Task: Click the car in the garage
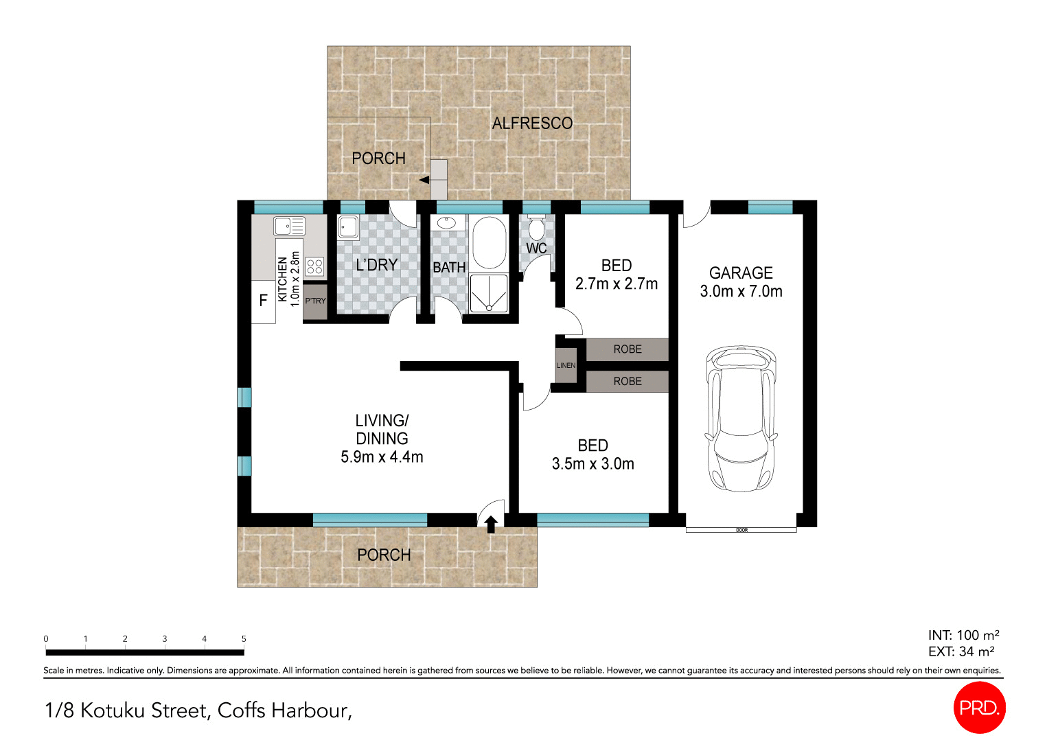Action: (x=741, y=419)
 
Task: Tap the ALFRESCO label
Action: (x=532, y=124)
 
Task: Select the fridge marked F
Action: (x=263, y=301)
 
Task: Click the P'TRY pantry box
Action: (x=315, y=301)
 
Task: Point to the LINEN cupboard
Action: (x=566, y=365)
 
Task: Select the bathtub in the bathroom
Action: (x=489, y=243)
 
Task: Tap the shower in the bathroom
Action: (x=489, y=294)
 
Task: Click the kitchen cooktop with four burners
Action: (x=314, y=266)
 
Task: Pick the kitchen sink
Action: (x=289, y=225)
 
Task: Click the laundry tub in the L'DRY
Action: (x=347, y=227)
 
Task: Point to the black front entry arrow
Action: (x=491, y=524)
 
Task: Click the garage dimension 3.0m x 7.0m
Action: (x=741, y=292)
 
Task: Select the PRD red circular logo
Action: (x=979, y=707)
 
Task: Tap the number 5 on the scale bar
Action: (x=244, y=638)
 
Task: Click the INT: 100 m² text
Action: (x=963, y=635)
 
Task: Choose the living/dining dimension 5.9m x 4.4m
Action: (x=382, y=457)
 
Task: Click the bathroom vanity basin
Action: (x=447, y=222)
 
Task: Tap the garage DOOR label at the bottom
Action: (x=741, y=530)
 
